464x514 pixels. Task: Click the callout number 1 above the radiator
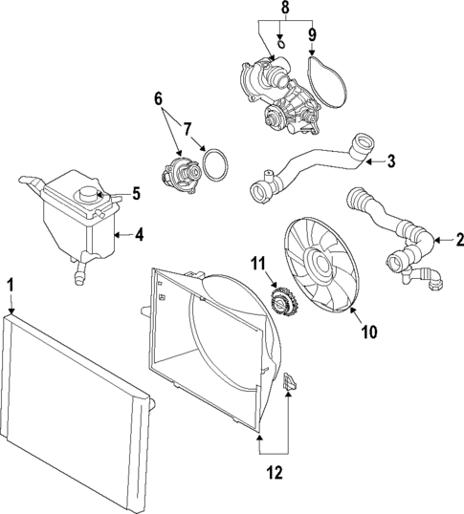[x=11, y=286]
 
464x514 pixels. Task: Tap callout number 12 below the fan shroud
[x=275, y=473]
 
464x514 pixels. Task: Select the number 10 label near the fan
[x=369, y=332]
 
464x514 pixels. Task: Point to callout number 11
[x=258, y=264]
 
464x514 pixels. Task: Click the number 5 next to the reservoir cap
[x=136, y=193]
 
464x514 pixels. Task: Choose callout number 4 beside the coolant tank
[x=140, y=235]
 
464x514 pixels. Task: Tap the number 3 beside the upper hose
[x=391, y=161]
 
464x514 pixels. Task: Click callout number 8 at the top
[x=285, y=9]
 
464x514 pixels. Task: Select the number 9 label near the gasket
[x=312, y=34]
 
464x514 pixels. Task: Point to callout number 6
[x=158, y=99]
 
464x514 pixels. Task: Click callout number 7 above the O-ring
[x=187, y=129]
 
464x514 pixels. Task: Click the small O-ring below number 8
[x=281, y=44]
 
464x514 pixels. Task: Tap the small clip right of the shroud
[x=290, y=381]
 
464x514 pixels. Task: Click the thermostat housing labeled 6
[x=182, y=173]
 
